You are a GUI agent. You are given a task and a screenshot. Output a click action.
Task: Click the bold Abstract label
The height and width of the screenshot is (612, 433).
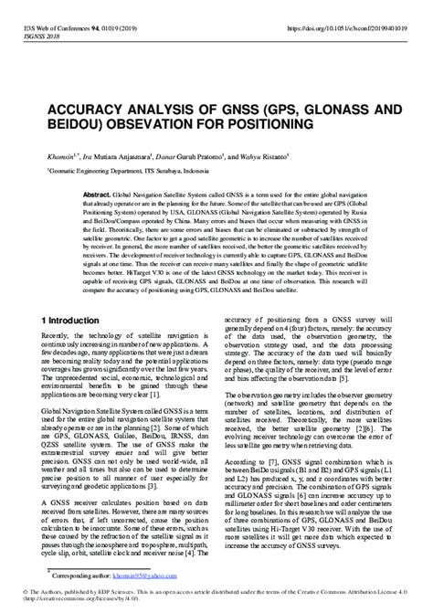96,196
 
